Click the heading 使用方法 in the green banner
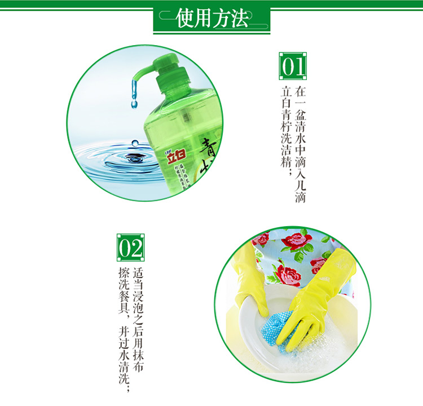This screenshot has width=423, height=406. [x=212, y=18]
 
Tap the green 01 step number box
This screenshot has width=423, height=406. [x=293, y=66]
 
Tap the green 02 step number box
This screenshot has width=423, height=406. [x=131, y=248]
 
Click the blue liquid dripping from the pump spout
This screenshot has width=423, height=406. [x=134, y=94]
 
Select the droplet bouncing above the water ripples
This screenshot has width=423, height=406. [x=135, y=143]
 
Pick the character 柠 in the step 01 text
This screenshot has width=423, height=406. [x=286, y=127]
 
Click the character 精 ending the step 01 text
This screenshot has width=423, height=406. [x=286, y=162]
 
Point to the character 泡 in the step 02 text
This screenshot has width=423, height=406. [x=138, y=308]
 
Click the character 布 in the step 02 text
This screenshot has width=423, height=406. [x=138, y=367]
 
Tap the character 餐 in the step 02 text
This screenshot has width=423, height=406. [x=124, y=297]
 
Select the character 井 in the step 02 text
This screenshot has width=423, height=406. [x=124, y=332]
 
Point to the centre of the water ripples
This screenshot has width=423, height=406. [x=134, y=158]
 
